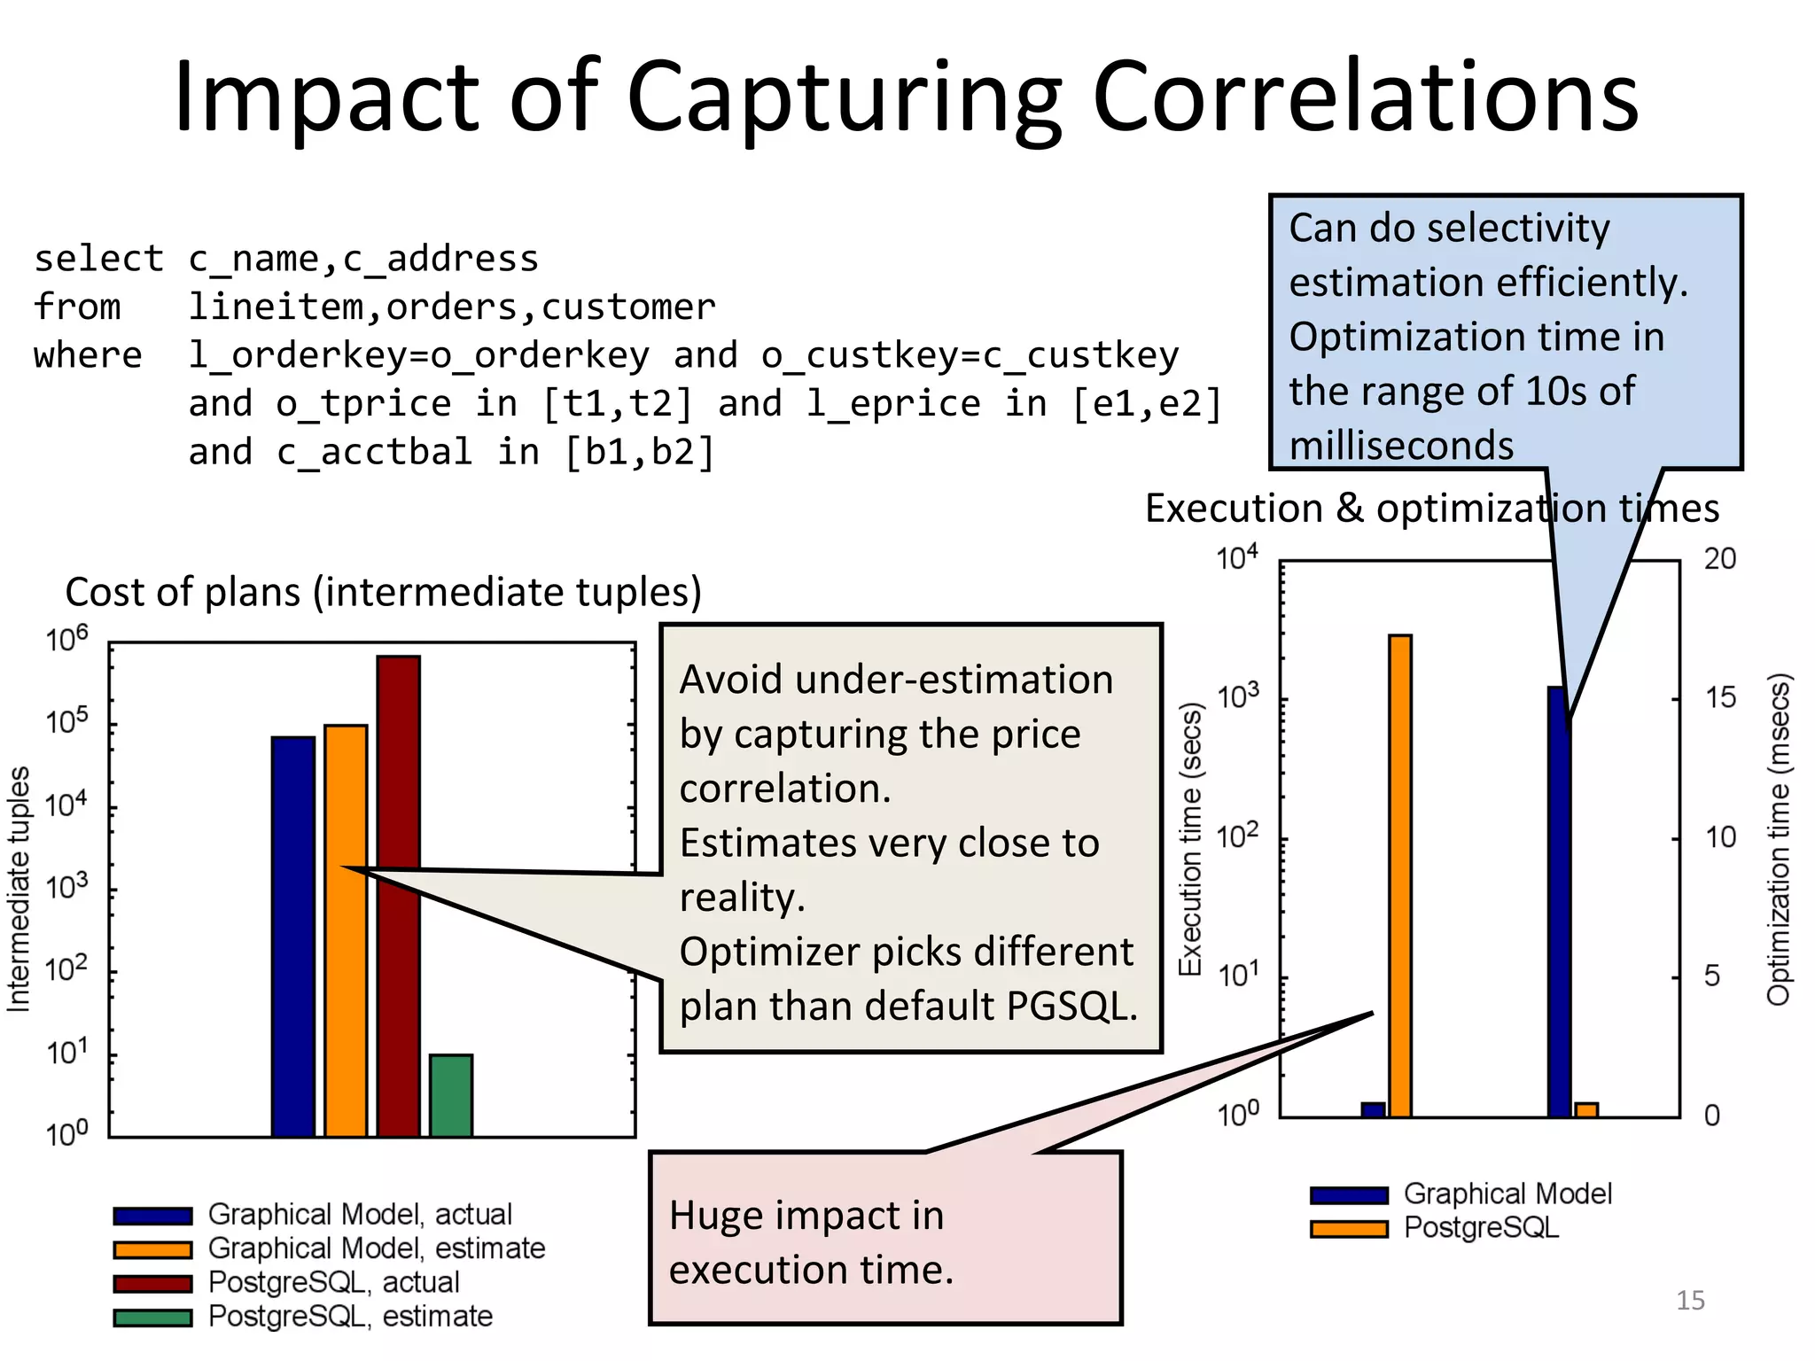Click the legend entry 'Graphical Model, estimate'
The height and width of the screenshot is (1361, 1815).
point(376,1248)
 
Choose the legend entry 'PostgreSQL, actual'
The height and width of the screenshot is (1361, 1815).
point(333,1282)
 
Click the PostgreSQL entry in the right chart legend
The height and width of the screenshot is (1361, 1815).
point(1480,1228)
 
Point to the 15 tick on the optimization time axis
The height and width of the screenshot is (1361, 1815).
point(1720,698)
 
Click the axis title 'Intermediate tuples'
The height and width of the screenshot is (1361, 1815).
point(19,889)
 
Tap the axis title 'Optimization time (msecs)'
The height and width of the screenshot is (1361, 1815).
point(1778,840)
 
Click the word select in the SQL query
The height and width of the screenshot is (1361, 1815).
point(98,259)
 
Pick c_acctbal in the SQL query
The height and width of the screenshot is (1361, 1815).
point(374,453)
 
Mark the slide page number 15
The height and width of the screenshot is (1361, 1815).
point(1690,1300)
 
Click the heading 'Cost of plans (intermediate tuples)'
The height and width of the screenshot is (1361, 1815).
point(383,592)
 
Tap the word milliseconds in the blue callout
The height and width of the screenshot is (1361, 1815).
point(1401,446)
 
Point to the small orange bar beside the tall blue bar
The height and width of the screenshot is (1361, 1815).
point(1586,1110)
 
